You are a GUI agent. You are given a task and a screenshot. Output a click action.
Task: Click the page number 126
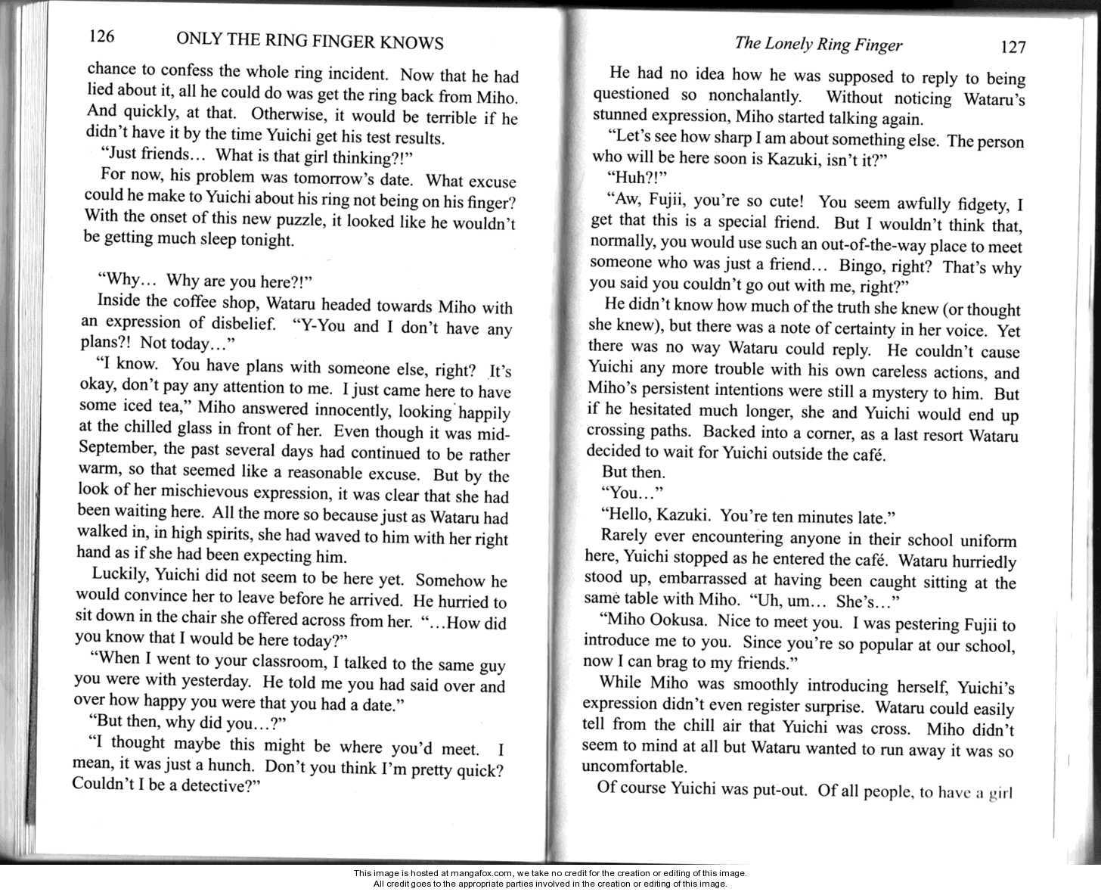click(x=101, y=36)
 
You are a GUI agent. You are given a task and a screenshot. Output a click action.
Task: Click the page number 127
click(x=1013, y=47)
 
